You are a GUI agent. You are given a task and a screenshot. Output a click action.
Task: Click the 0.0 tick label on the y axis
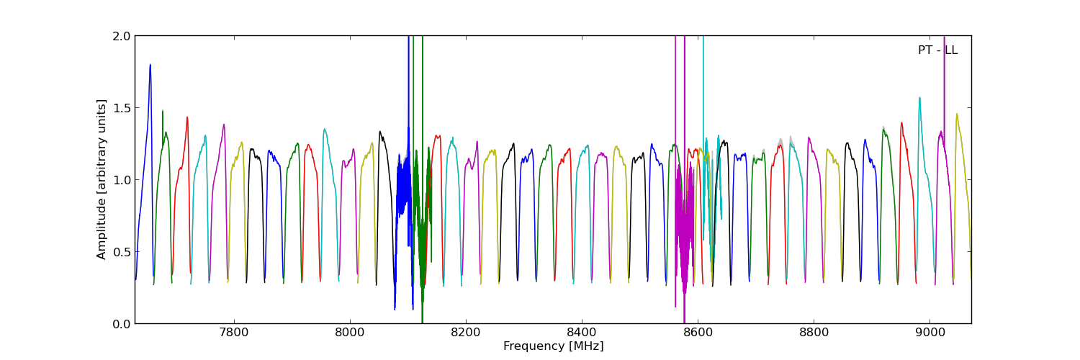122,324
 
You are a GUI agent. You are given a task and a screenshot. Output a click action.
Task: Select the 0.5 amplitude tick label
122,252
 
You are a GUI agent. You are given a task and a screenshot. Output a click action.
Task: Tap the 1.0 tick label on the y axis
122,180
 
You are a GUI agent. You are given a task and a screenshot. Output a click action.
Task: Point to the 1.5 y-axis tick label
122,108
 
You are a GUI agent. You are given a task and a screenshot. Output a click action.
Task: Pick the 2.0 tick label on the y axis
122,36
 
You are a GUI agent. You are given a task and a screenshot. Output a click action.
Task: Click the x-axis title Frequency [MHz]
553,346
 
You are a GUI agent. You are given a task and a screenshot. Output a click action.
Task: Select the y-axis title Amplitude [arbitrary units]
102,179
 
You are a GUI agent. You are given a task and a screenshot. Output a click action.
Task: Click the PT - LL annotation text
937,50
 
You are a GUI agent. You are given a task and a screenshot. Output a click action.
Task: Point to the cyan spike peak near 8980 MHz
919,99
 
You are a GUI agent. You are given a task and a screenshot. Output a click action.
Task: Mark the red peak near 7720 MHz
187,118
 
